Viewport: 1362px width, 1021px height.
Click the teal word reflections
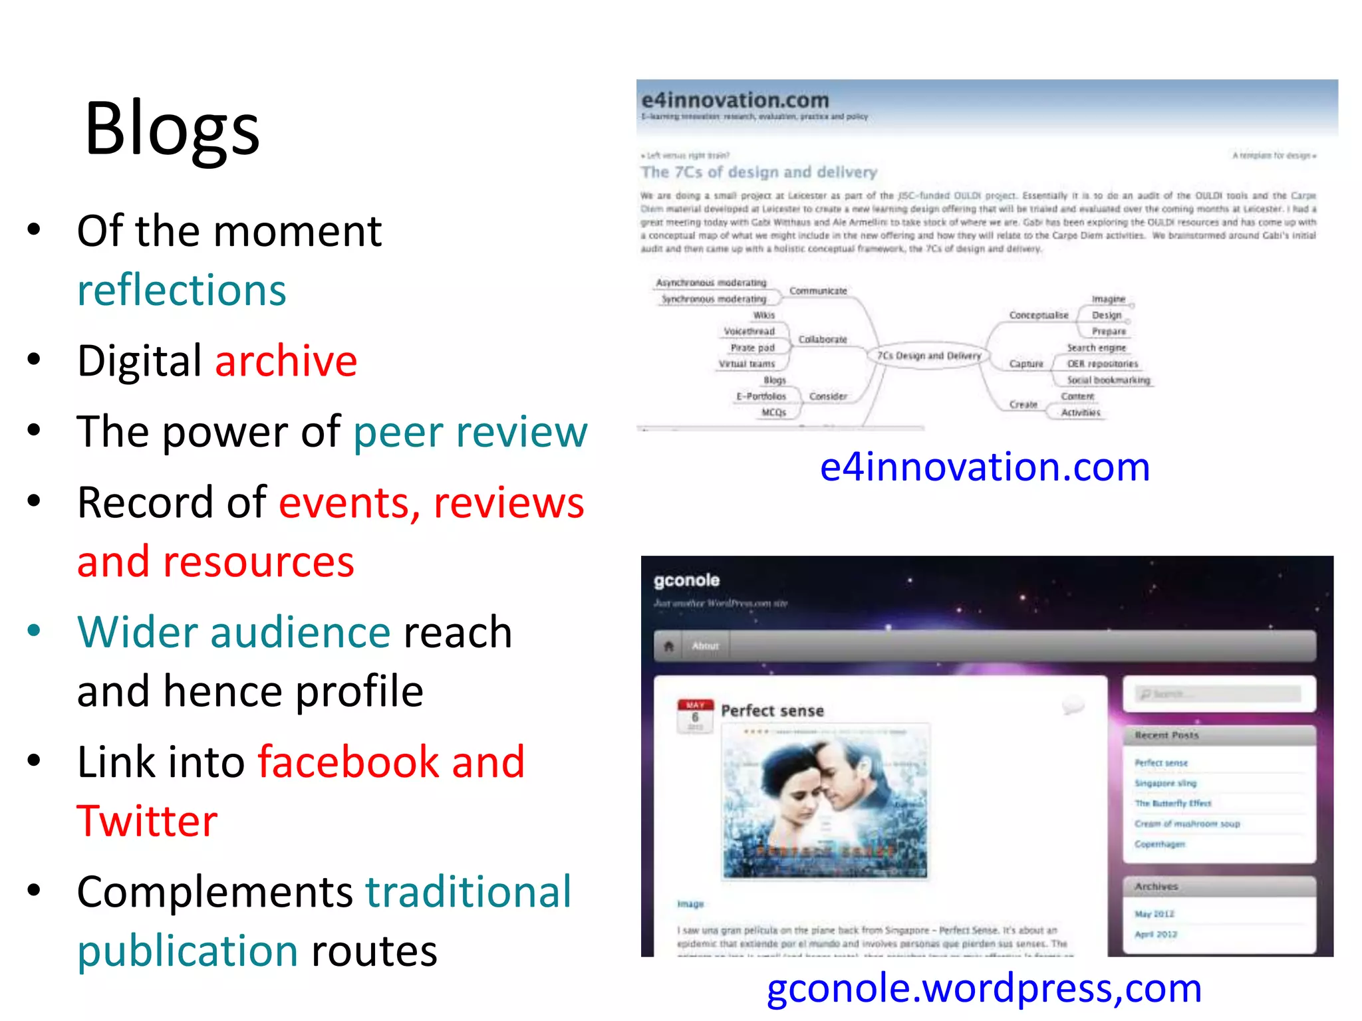tap(182, 290)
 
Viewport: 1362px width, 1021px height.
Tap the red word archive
tap(286, 361)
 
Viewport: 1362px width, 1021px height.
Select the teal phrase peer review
tap(470, 432)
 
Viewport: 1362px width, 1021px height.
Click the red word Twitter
tap(147, 821)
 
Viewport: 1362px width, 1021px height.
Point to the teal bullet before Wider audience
tap(35, 629)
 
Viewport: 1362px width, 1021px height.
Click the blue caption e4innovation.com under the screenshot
tap(984, 467)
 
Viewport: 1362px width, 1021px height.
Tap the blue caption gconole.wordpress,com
tap(984, 988)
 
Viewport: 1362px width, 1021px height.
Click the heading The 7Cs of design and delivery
tap(759, 172)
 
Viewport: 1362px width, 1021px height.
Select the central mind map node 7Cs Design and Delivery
tap(928, 356)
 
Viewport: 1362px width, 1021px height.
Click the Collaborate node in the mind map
tap(823, 340)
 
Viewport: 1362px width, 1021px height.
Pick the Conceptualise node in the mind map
tap(1038, 315)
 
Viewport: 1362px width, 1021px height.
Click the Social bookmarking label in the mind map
tap(1108, 380)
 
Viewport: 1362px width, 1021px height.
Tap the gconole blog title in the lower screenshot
tap(686, 580)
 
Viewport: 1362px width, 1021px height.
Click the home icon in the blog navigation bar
tap(669, 645)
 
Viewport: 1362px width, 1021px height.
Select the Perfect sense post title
tap(772, 711)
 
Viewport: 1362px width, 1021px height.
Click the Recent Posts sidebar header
tap(1166, 735)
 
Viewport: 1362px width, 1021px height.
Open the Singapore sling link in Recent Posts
tap(1165, 783)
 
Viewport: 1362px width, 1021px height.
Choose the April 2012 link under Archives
tap(1155, 934)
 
